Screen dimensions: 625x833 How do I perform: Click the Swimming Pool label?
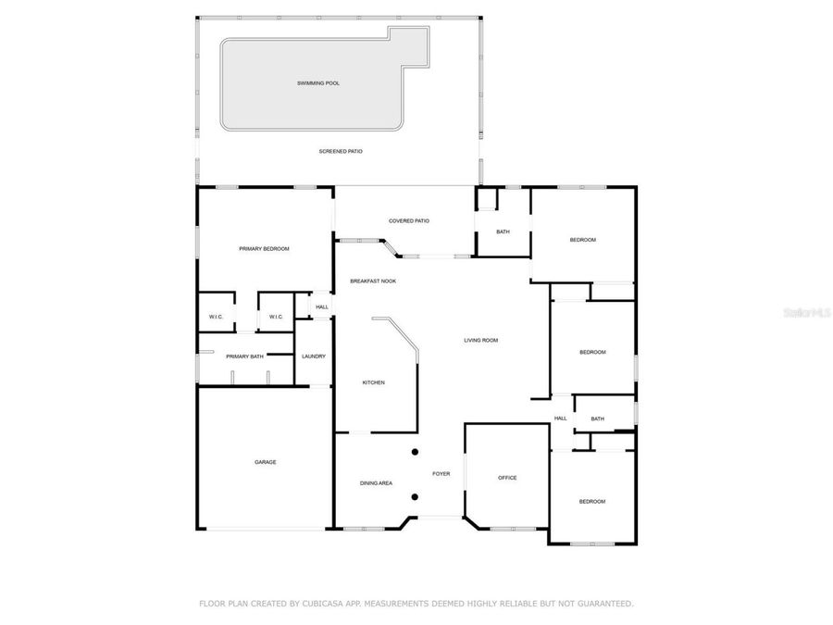(x=317, y=83)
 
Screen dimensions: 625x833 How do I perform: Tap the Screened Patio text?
(x=341, y=151)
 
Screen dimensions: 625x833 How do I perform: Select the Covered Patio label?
(x=408, y=220)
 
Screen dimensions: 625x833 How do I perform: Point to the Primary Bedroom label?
(x=264, y=249)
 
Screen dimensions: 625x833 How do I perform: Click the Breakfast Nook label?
(x=373, y=281)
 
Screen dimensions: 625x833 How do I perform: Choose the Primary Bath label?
(x=245, y=356)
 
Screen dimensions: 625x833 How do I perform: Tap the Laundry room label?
(x=314, y=356)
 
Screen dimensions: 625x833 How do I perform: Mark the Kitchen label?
(x=373, y=382)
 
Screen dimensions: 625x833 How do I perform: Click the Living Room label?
(x=480, y=341)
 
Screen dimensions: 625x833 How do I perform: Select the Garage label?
(x=266, y=462)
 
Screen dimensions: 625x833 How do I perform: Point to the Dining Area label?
(x=376, y=483)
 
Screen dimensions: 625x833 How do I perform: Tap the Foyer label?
(x=441, y=474)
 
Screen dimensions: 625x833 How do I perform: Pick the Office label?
(x=507, y=478)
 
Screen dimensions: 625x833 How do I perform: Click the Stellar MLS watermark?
(x=807, y=313)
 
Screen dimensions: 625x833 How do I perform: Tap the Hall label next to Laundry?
(x=322, y=306)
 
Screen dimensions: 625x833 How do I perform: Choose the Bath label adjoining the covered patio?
(x=503, y=231)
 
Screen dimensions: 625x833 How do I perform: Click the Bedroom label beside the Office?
(x=592, y=502)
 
